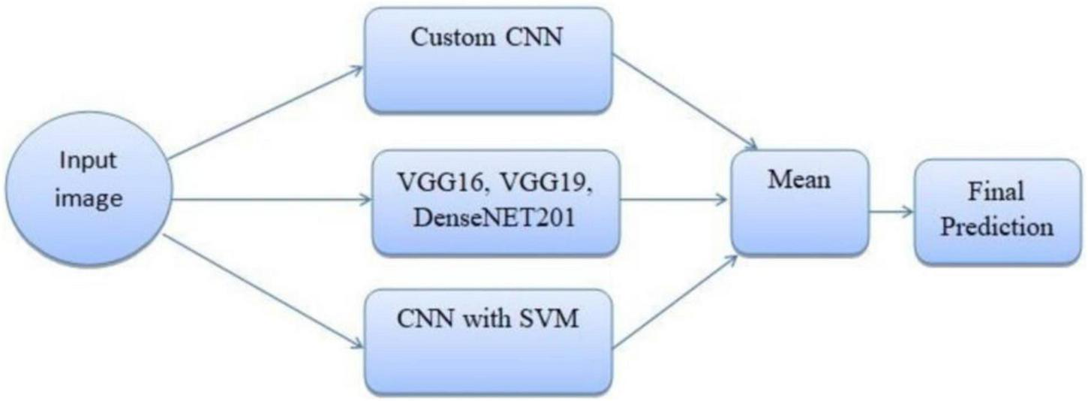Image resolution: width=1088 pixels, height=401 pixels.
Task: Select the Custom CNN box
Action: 488,60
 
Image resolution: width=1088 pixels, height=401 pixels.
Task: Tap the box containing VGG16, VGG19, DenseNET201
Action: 496,203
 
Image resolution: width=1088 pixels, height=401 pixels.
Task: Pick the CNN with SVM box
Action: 488,342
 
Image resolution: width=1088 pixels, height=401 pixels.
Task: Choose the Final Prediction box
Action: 997,211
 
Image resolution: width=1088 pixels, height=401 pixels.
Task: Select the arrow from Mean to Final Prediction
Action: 891,213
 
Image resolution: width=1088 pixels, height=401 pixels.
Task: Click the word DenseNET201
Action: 496,219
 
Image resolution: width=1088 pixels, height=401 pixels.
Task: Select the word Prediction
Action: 997,227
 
